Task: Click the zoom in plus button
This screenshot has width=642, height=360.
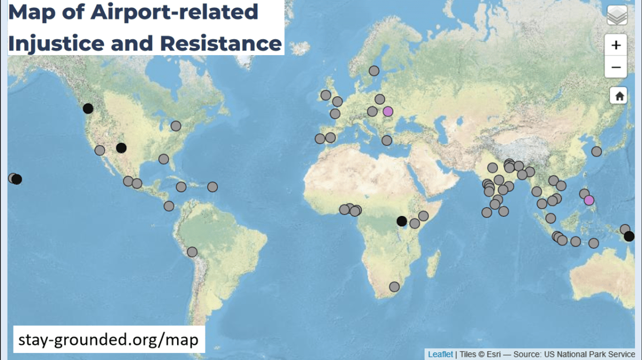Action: pyautogui.click(x=616, y=45)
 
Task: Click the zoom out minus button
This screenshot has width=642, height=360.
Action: pyautogui.click(x=616, y=67)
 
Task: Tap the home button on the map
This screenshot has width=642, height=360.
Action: pyautogui.click(x=619, y=96)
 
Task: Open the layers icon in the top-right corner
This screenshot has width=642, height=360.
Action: pyautogui.click(x=617, y=16)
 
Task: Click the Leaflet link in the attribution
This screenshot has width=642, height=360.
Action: pyautogui.click(x=440, y=354)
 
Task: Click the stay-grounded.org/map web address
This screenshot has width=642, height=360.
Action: pyautogui.click(x=109, y=339)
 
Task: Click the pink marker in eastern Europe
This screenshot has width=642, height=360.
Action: pyautogui.click(x=388, y=111)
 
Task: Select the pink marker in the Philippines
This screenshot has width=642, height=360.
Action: pyautogui.click(x=589, y=200)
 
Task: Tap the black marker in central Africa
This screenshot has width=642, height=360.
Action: pyautogui.click(x=402, y=221)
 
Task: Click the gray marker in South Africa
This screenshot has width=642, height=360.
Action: pyautogui.click(x=394, y=287)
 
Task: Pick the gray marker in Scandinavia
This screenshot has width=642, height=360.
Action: pyautogui.click(x=374, y=71)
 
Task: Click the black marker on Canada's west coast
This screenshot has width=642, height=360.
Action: pyautogui.click(x=88, y=109)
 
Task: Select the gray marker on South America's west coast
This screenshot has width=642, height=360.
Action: pyautogui.click(x=192, y=252)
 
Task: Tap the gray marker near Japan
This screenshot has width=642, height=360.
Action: pyautogui.click(x=597, y=151)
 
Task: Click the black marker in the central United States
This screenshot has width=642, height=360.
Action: pyautogui.click(x=121, y=148)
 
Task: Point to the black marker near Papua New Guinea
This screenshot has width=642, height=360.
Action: pyautogui.click(x=629, y=236)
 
